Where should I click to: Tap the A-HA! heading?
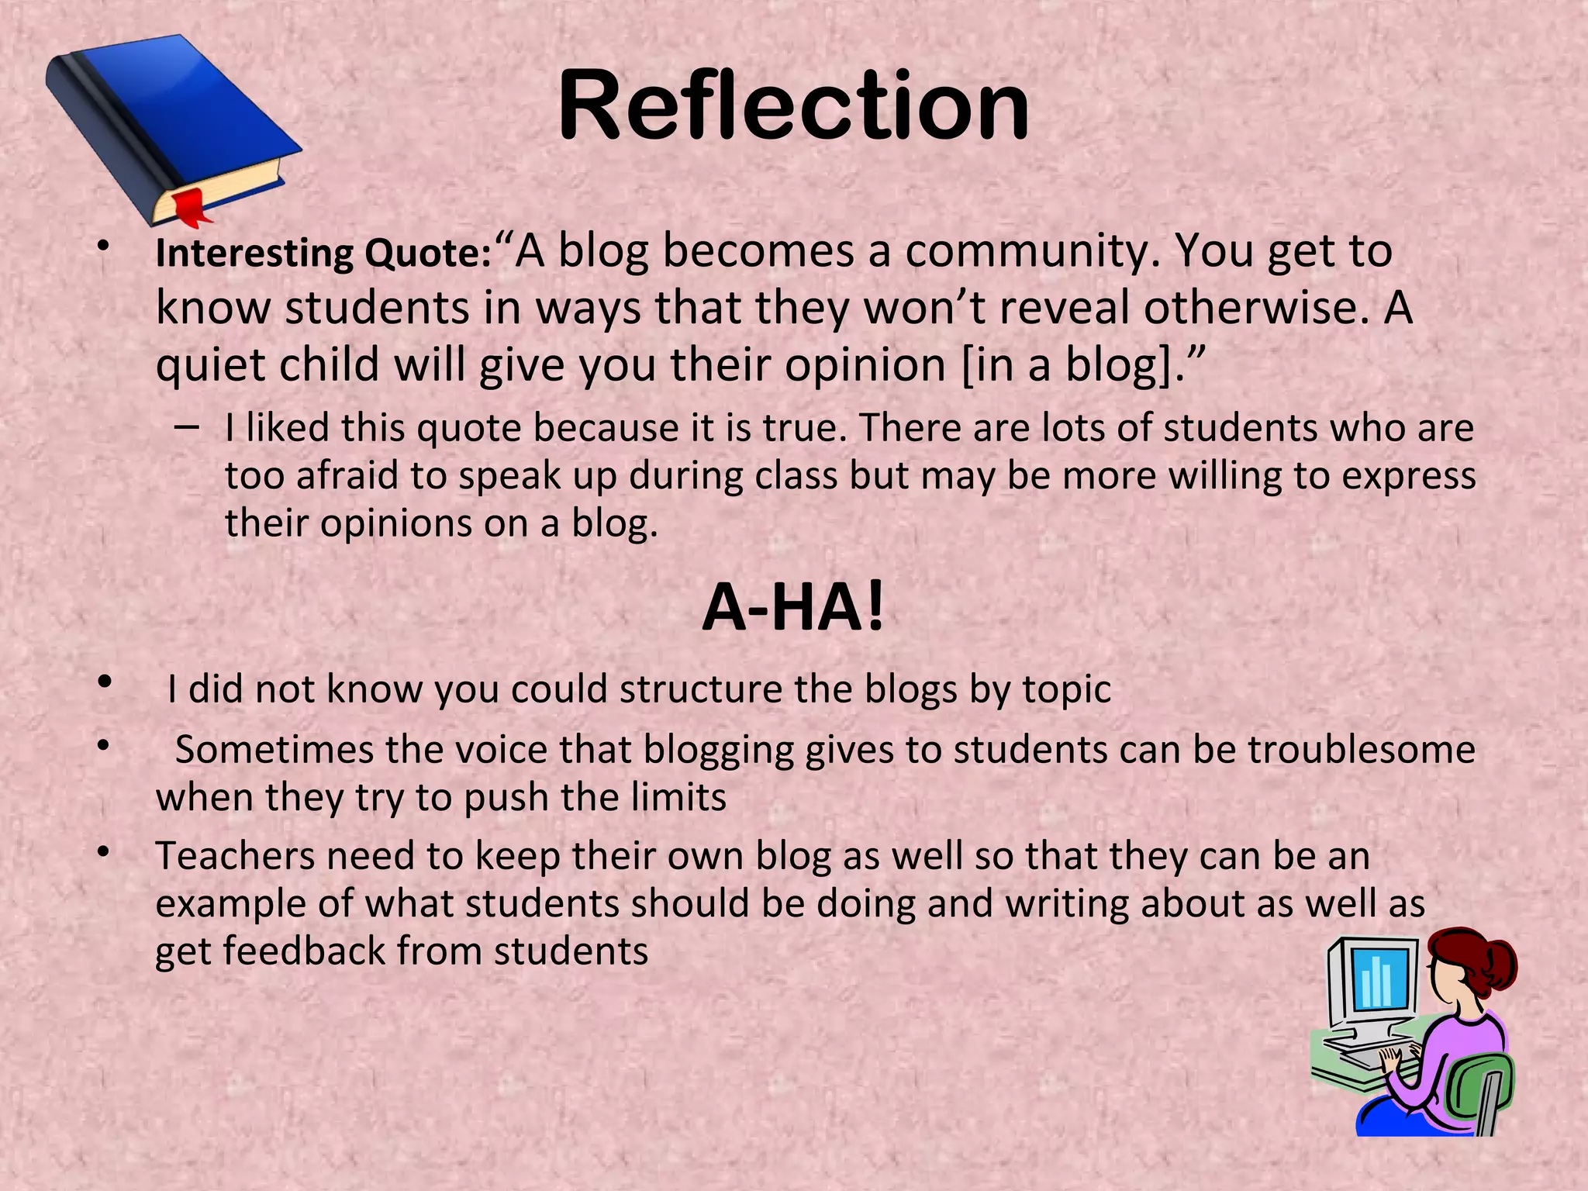pyautogui.click(x=792, y=609)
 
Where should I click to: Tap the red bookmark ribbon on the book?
pyautogui.click(x=190, y=206)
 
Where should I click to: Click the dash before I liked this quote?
pyautogui.click(x=186, y=427)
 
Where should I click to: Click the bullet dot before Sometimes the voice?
pyautogui.click(x=102, y=747)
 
